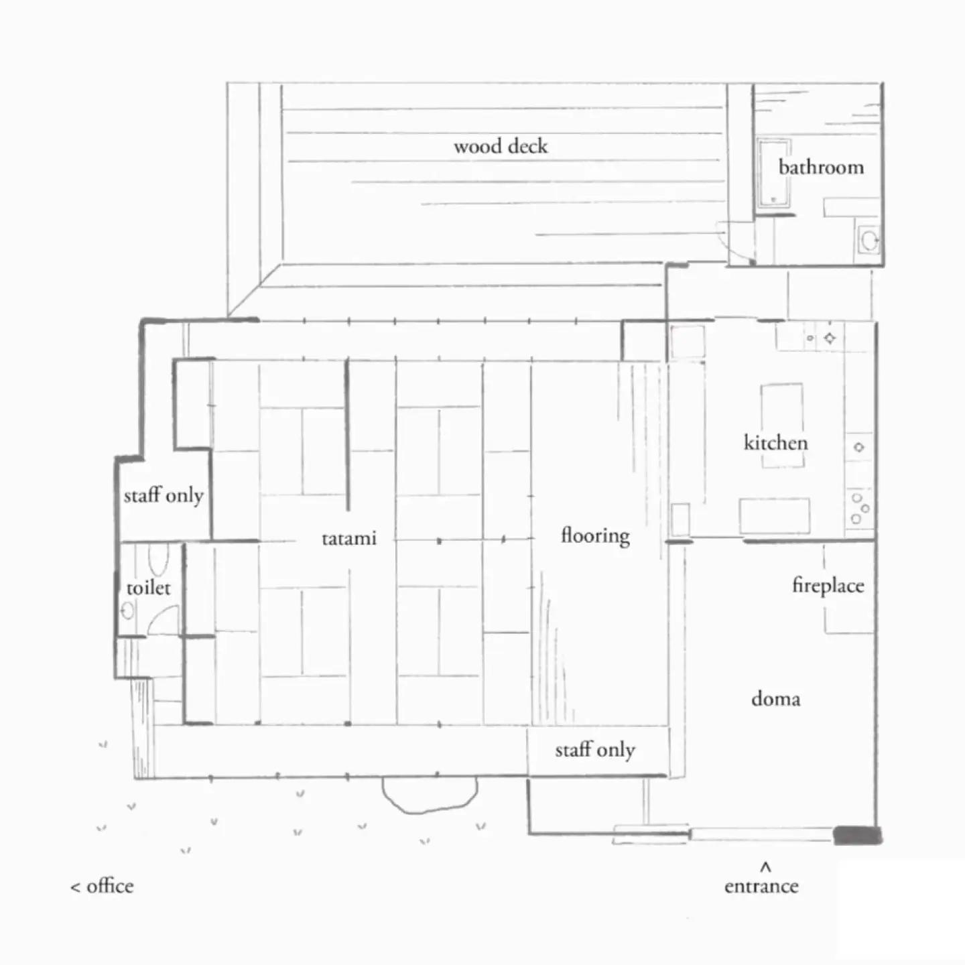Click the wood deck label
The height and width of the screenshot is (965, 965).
click(501, 146)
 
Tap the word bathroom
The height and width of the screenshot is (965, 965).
click(821, 167)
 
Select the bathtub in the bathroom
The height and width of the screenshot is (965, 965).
click(774, 174)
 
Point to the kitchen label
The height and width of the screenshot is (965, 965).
click(776, 443)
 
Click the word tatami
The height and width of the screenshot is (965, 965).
click(349, 538)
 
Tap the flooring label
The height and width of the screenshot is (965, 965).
click(596, 536)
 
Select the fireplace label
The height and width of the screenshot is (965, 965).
click(828, 586)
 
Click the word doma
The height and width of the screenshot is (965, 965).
click(776, 698)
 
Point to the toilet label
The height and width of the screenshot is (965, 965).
click(148, 588)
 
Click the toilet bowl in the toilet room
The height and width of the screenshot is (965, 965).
click(159, 560)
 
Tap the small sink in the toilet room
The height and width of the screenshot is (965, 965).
click(128, 610)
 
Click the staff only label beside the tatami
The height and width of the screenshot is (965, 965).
click(164, 496)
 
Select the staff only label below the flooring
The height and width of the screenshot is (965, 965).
click(595, 750)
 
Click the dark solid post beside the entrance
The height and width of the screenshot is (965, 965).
click(857, 836)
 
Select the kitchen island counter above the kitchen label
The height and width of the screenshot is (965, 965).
click(782, 425)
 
